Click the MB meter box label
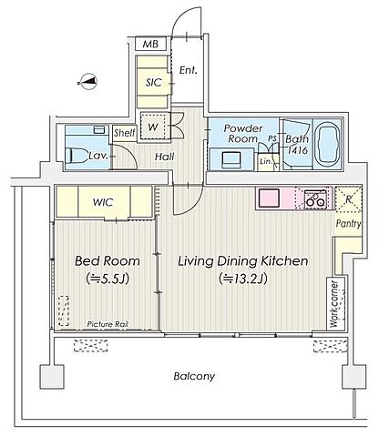[150, 45]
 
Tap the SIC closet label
[154, 82]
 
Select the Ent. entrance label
[188, 70]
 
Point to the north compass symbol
[87, 82]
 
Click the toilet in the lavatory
[76, 156]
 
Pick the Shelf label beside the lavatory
[125, 133]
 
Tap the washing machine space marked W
[154, 127]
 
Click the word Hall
[165, 157]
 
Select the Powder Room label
[243, 133]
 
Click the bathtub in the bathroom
[327, 145]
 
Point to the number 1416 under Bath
[298, 150]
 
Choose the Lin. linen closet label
[266, 161]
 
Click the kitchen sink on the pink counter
[269, 198]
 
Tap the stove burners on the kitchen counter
[315, 198]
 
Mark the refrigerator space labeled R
[349, 198]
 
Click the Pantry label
[349, 224]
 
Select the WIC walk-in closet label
[103, 202]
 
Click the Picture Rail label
[108, 324]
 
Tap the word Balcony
[194, 377]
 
